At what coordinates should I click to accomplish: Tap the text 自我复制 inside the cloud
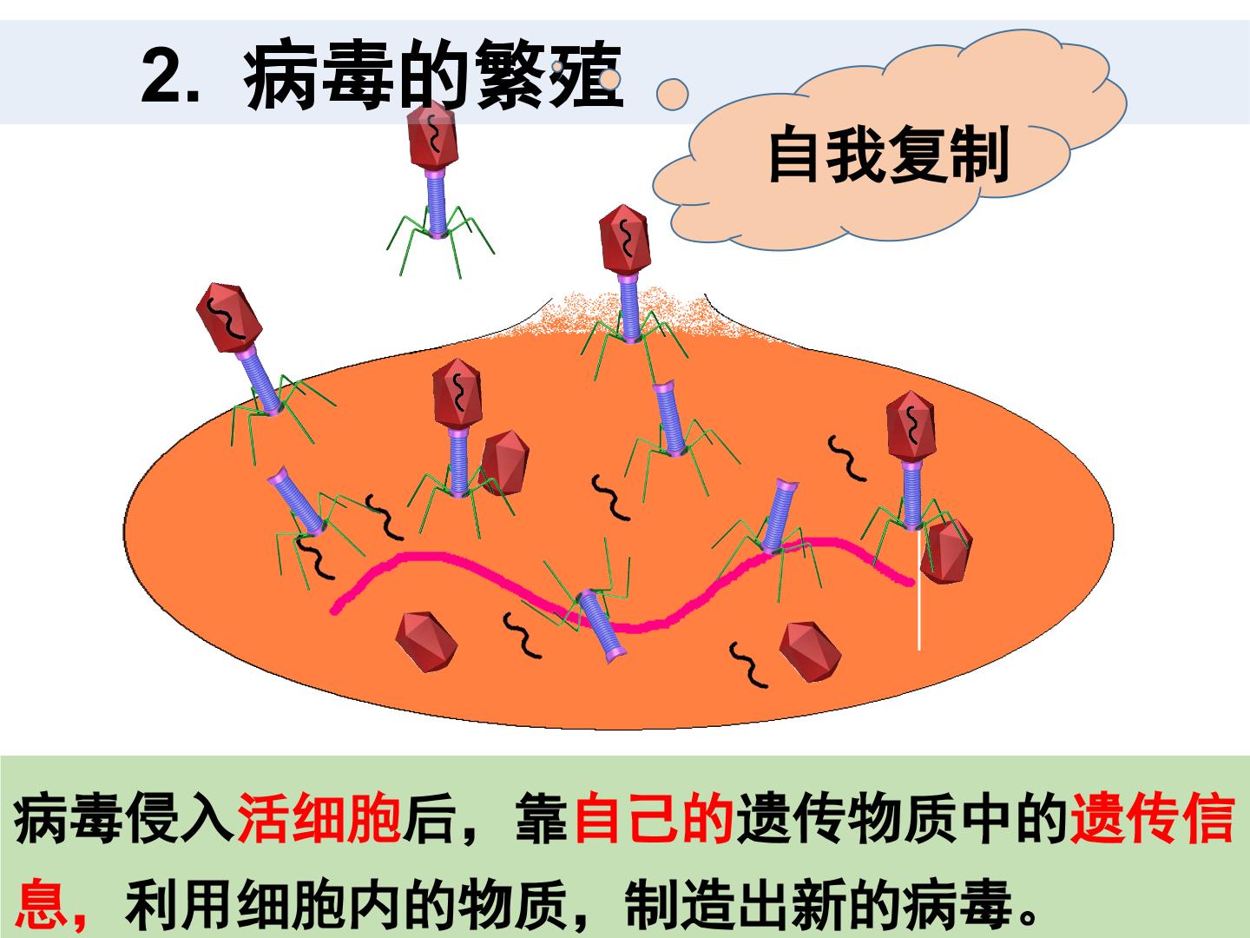889,155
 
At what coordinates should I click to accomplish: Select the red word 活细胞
319,817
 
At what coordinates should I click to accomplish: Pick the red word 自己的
654,817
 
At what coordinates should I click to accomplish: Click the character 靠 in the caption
541,817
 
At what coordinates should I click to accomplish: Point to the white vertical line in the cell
918,590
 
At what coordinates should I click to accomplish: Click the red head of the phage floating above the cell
433,135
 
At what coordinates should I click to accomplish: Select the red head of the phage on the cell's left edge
229,318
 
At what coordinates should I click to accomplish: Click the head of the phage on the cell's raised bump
625,239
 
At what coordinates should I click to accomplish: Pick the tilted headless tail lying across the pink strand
601,626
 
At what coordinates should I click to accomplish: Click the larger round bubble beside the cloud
672,94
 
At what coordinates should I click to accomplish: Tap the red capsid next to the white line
945,552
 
